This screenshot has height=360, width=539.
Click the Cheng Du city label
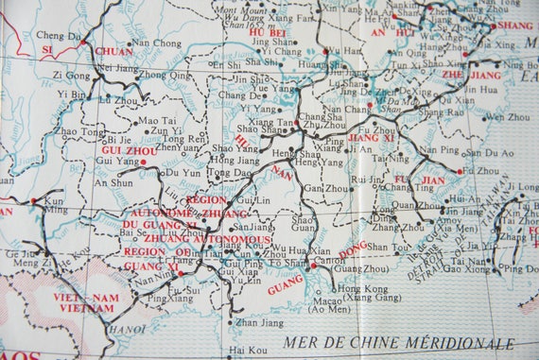coord(59,35)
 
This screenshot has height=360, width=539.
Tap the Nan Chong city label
coord(155,43)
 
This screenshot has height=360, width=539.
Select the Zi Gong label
coord(71,74)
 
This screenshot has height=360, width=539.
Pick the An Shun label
coord(113,183)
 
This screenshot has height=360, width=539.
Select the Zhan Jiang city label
coord(258,323)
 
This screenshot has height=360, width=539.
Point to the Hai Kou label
coord(247,350)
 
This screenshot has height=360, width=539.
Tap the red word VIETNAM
coord(73,308)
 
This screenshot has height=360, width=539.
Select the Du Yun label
coord(183,173)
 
